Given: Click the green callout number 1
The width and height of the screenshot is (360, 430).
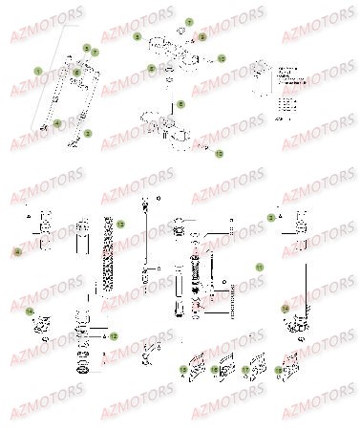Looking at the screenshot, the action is click(x=38, y=72).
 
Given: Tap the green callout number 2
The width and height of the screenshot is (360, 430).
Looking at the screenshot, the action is click(x=88, y=133).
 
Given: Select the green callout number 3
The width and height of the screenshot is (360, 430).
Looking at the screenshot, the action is click(x=271, y=218).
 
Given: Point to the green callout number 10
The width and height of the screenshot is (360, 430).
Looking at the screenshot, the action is click(x=222, y=58).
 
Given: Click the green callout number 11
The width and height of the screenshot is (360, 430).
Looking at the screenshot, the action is click(x=257, y=268).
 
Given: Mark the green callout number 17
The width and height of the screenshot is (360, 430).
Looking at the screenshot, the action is click(x=245, y=368).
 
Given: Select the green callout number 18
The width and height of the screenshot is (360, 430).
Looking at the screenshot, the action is click(x=279, y=368).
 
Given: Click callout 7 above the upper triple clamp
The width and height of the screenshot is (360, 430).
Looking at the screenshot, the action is click(x=188, y=21).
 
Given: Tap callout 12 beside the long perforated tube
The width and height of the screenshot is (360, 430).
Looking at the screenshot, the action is click(x=120, y=226).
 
